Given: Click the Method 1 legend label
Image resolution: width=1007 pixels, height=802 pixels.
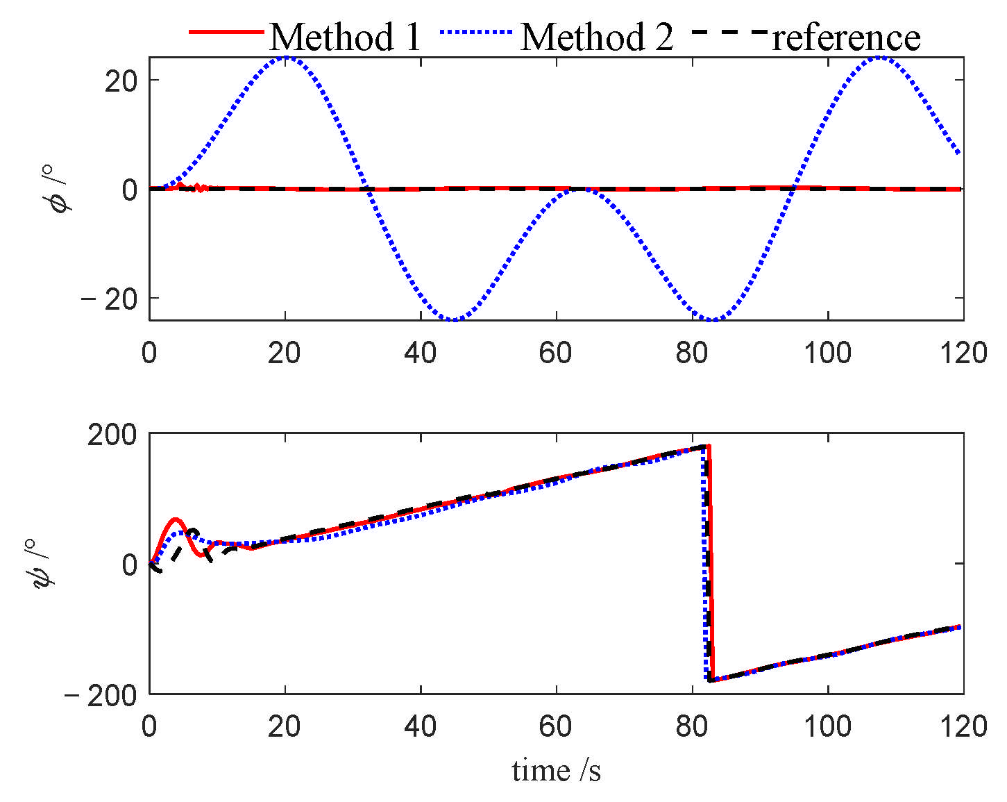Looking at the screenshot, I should click(345, 36).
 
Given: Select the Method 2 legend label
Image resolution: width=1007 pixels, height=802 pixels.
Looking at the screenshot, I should click(596, 36).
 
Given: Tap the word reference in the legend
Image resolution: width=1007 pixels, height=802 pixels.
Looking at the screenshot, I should click(846, 36).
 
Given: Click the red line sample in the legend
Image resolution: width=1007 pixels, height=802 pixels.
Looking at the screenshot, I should click(226, 32).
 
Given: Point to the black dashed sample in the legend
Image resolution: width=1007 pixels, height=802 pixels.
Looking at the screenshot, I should click(729, 32).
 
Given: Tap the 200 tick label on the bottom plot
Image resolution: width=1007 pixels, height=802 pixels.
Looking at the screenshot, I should click(112, 434).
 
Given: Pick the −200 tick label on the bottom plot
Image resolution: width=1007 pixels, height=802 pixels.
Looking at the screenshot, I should click(101, 695).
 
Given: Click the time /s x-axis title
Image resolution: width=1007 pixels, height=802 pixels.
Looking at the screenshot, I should click(556, 770).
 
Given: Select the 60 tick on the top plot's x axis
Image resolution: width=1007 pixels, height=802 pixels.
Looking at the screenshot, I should click(555, 353).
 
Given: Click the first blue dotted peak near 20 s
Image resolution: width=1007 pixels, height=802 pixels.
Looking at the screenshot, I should click(285, 58).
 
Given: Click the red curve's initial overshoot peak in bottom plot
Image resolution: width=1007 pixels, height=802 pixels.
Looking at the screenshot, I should click(175, 519).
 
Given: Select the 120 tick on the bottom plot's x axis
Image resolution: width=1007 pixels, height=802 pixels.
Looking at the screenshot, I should click(963, 726).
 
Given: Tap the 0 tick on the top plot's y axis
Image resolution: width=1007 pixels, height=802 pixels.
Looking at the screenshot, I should click(129, 190).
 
